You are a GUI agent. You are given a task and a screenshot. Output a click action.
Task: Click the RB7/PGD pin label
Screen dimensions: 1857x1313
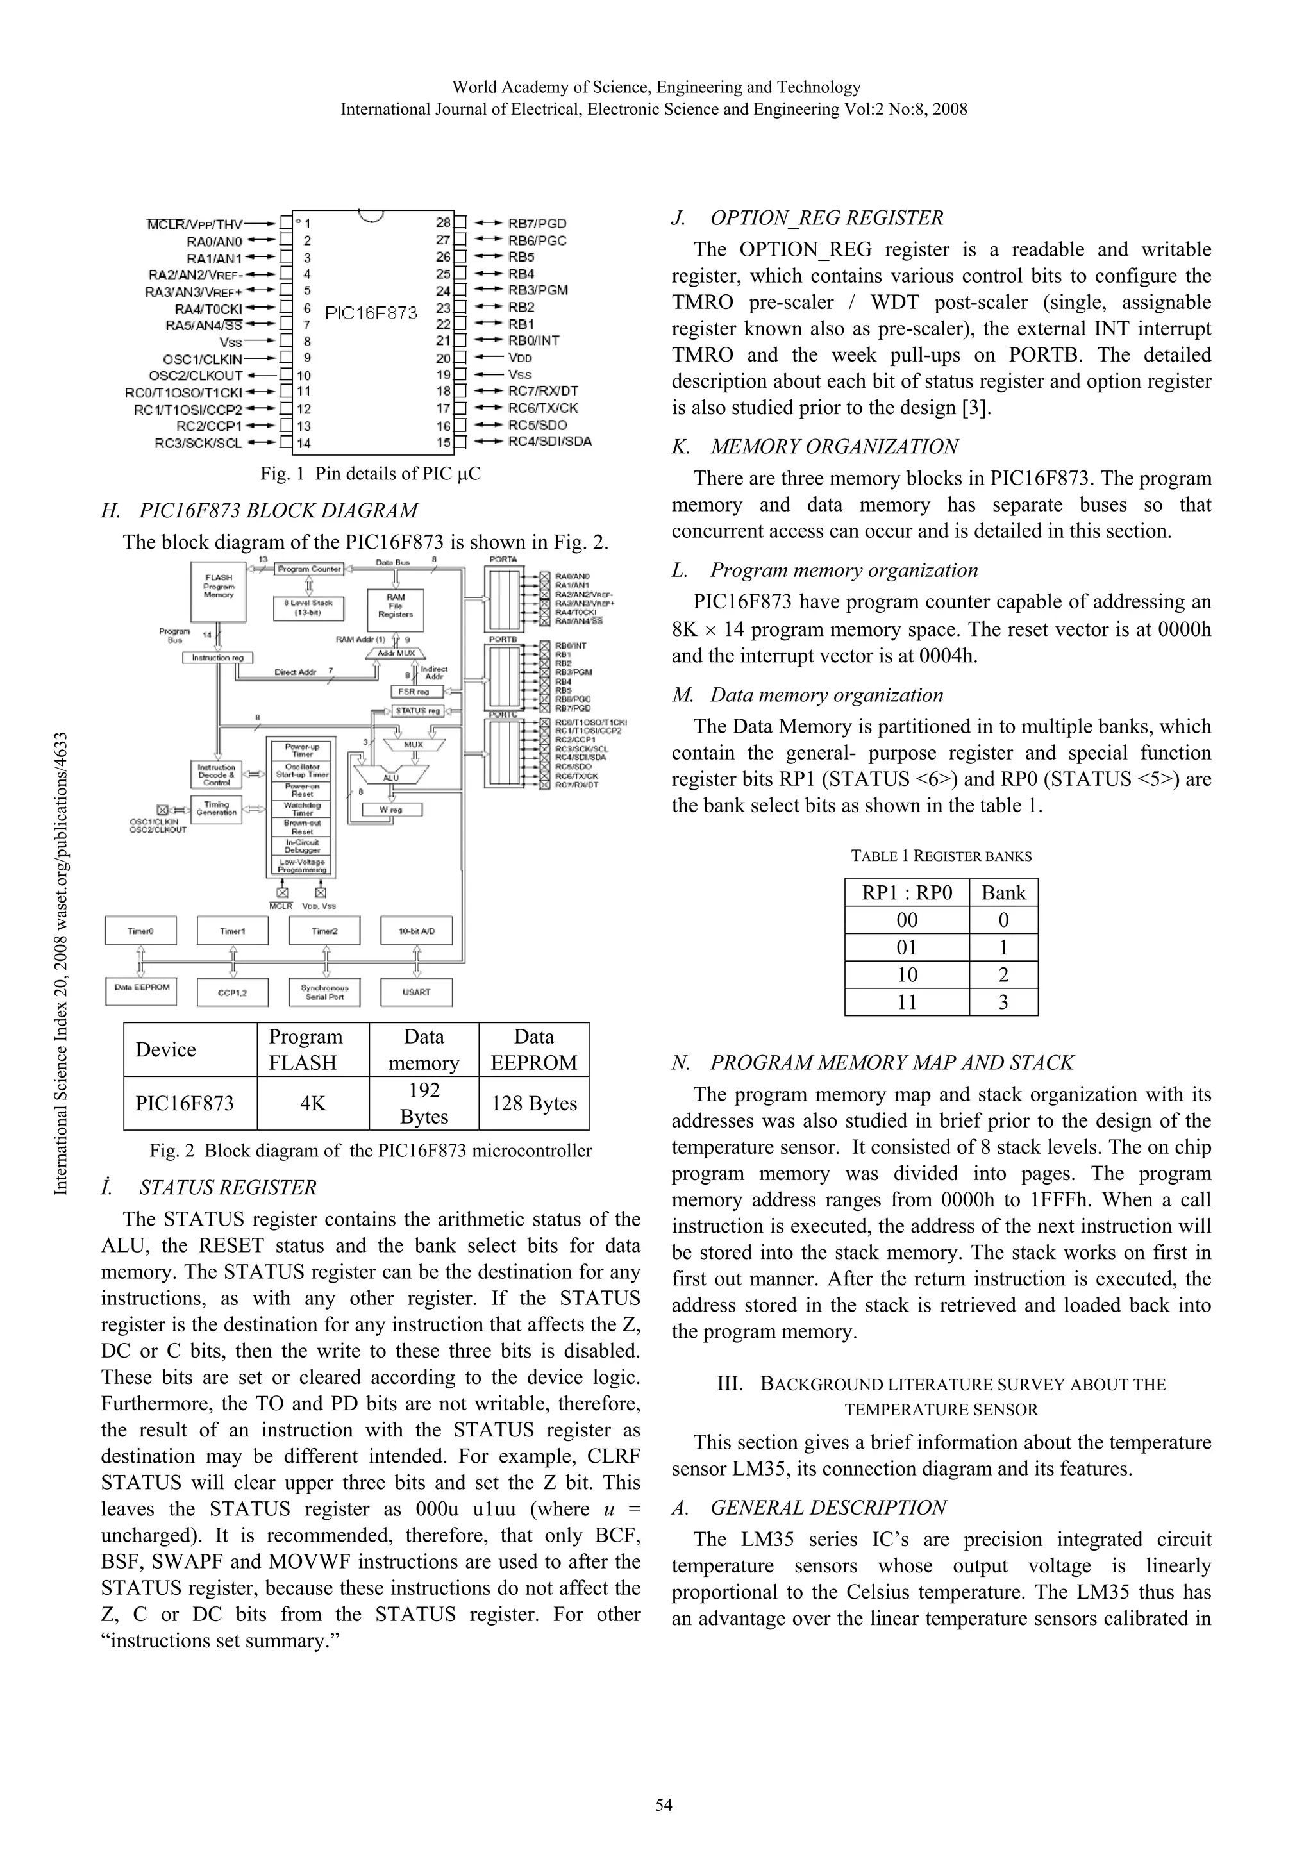tap(537, 223)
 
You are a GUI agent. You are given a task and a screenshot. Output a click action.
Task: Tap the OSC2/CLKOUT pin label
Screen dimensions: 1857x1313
tap(196, 375)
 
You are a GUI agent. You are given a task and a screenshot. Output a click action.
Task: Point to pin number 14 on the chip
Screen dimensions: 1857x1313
tap(303, 443)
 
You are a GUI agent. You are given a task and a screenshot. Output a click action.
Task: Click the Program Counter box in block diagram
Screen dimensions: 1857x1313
tap(309, 569)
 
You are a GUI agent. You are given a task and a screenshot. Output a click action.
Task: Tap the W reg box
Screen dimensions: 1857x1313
tap(392, 809)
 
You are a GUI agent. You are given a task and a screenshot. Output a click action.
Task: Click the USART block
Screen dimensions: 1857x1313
tap(417, 992)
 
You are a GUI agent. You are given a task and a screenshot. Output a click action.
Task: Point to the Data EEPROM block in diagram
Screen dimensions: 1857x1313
tap(142, 988)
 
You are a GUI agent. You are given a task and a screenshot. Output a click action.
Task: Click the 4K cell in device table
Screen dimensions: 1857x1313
tap(312, 1103)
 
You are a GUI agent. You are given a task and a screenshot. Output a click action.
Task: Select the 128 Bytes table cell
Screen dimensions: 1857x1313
tap(534, 1103)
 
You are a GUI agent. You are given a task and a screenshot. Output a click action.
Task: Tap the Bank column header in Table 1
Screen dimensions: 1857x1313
tap(1003, 893)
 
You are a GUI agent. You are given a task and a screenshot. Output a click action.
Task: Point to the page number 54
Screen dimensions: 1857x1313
tap(664, 1805)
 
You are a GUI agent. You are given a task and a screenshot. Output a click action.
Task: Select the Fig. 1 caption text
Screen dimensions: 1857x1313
tap(371, 474)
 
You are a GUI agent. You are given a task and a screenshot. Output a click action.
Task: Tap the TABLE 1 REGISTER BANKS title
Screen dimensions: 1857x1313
tap(941, 856)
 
